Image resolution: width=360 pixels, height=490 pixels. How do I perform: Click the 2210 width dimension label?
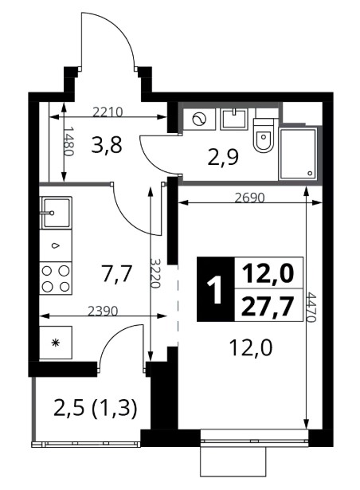(108, 112)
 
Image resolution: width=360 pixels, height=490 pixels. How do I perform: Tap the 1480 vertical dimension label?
(68, 141)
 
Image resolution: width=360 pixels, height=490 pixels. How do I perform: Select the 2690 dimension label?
(249, 198)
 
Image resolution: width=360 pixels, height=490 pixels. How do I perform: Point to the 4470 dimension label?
(311, 307)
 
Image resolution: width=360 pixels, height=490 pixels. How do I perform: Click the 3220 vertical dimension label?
(155, 272)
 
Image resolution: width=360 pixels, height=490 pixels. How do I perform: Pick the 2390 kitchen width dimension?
(103, 311)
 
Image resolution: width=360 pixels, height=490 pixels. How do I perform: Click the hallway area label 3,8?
(107, 146)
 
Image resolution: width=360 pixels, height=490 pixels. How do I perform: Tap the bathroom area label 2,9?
(223, 158)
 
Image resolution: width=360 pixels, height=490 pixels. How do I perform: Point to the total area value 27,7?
(268, 307)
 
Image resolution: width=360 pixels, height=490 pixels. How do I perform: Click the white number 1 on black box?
(216, 290)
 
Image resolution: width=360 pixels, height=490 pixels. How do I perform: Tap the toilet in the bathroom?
(264, 135)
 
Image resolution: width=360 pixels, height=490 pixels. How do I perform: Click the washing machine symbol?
(199, 120)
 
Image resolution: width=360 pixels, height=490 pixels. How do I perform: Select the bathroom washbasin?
(234, 119)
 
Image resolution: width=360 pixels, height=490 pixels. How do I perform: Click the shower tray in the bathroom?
(298, 153)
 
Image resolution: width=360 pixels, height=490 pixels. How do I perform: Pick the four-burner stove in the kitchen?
(56, 278)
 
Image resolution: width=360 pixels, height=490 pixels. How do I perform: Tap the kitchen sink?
(56, 213)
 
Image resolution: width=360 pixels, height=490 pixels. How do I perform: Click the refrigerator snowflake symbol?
(56, 343)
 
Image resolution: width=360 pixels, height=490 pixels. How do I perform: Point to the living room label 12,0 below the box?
(251, 348)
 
